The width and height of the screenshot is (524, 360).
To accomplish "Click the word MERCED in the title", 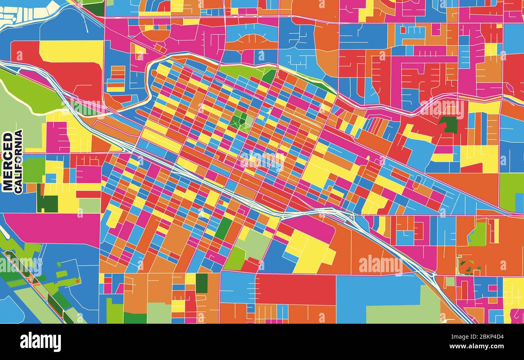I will click(x=8, y=161).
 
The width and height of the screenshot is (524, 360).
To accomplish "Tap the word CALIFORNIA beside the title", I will click(x=19, y=161).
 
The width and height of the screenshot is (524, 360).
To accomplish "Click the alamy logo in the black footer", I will click(x=40, y=342).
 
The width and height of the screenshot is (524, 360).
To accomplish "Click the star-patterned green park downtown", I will click(x=241, y=121).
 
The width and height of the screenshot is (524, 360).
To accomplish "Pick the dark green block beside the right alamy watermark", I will click(x=449, y=124).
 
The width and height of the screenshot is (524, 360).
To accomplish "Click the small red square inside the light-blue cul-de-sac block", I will click(x=403, y=29).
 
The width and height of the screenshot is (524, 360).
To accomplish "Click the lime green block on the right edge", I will click(x=511, y=191).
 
